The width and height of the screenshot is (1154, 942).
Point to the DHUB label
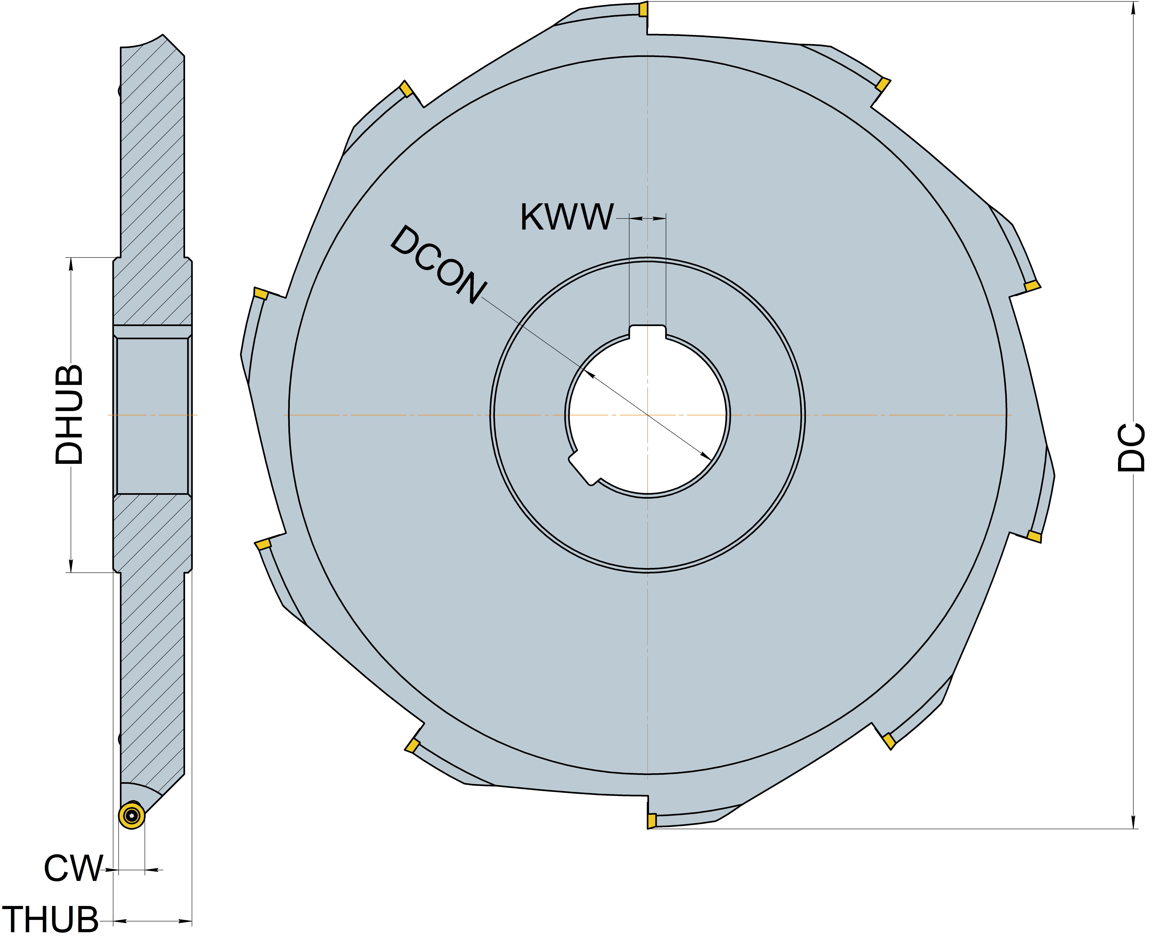(x=69, y=415)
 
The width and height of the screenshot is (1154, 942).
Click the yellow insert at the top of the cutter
(x=643, y=9)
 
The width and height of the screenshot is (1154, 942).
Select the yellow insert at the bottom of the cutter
(x=652, y=820)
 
